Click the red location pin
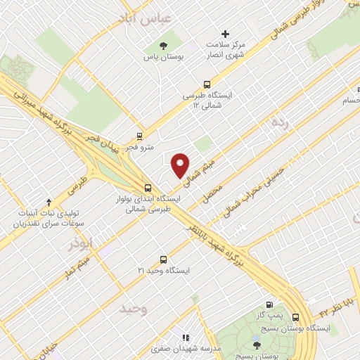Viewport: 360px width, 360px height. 181,165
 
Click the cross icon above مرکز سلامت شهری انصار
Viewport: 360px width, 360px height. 226,34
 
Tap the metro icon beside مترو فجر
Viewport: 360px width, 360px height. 140,136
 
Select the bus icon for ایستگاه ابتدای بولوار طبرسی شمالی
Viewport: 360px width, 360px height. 148,188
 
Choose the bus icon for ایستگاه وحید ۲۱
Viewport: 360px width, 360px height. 163,259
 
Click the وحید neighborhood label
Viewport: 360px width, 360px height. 134,309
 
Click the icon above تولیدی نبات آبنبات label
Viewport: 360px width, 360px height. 48,201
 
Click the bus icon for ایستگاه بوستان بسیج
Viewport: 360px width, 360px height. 296,317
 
